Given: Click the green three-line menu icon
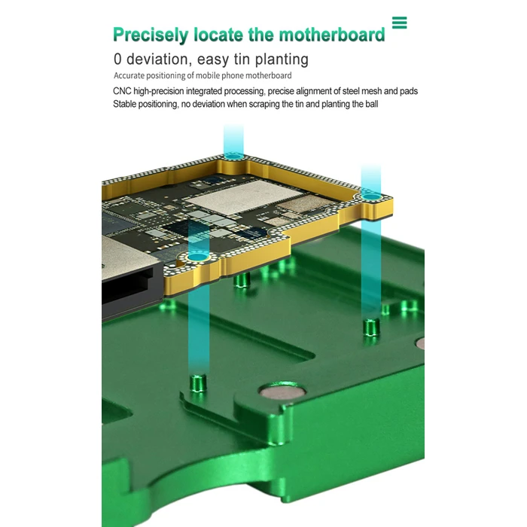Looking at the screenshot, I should click(x=399, y=23).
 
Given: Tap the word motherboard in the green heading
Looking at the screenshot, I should click(x=331, y=35).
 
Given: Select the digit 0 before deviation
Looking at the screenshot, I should click(x=118, y=59).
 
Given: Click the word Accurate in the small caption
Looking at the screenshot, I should click(x=129, y=76).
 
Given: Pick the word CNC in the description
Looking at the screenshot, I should click(x=122, y=91).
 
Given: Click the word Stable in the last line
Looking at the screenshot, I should click(x=126, y=104).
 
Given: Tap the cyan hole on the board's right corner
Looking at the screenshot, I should click(x=370, y=195).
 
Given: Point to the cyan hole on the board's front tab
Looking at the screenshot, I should click(x=199, y=257).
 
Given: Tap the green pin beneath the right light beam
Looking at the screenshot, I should click(x=370, y=327).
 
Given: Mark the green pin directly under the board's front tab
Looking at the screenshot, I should click(x=242, y=282).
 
